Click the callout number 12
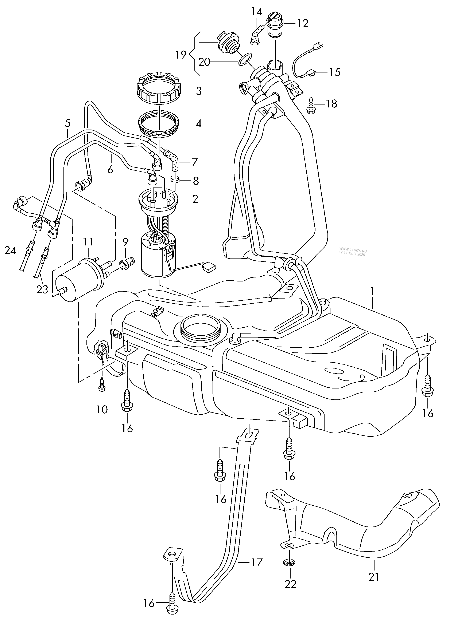click(303, 24)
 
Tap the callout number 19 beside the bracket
click(181, 55)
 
